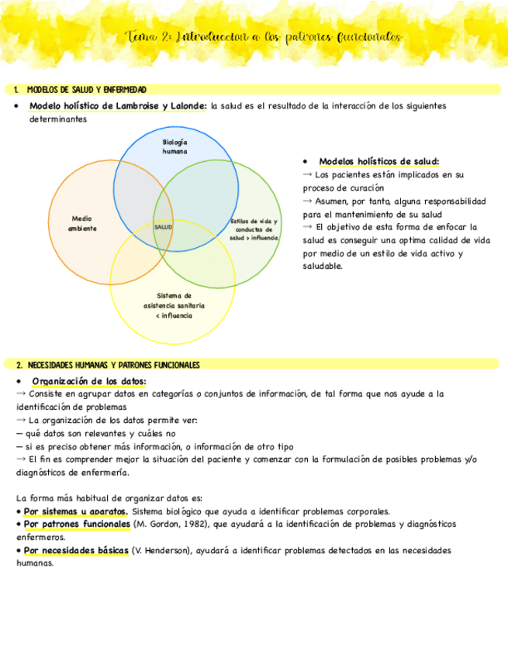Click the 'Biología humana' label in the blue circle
tap(175, 146)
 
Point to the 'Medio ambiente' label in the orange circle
tap(82, 223)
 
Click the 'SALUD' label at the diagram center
tap(163, 226)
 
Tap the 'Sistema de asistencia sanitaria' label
tap(174, 305)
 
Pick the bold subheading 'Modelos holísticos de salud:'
tap(378, 161)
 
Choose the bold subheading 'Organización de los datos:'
tap(88, 380)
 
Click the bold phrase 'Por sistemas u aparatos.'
tap(75, 511)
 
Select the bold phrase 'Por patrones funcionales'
tap(77, 524)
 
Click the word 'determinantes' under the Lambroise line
tap(58, 119)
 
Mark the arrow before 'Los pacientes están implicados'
tap(307, 175)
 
